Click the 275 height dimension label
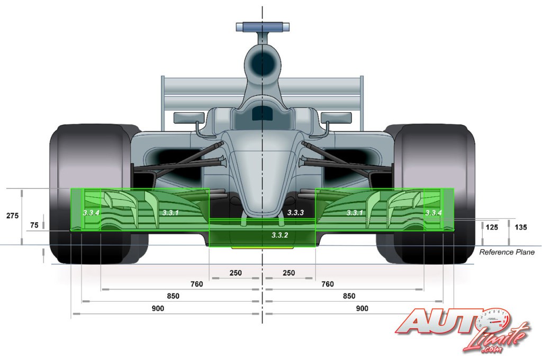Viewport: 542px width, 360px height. (x=13, y=216)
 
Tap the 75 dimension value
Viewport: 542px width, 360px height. (x=34, y=225)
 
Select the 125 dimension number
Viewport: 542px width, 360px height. (x=492, y=227)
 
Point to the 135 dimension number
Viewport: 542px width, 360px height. (x=521, y=227)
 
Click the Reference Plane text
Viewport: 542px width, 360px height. (x=507, y=252)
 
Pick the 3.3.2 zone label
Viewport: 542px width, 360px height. (x=279, y=235)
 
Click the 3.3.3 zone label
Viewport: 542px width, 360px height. (x=295, y=212)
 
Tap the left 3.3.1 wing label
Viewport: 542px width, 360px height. (x=170, y=212)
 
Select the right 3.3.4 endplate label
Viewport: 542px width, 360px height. (x=433, y=213)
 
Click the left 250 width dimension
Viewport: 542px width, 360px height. (x=236, y=273)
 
